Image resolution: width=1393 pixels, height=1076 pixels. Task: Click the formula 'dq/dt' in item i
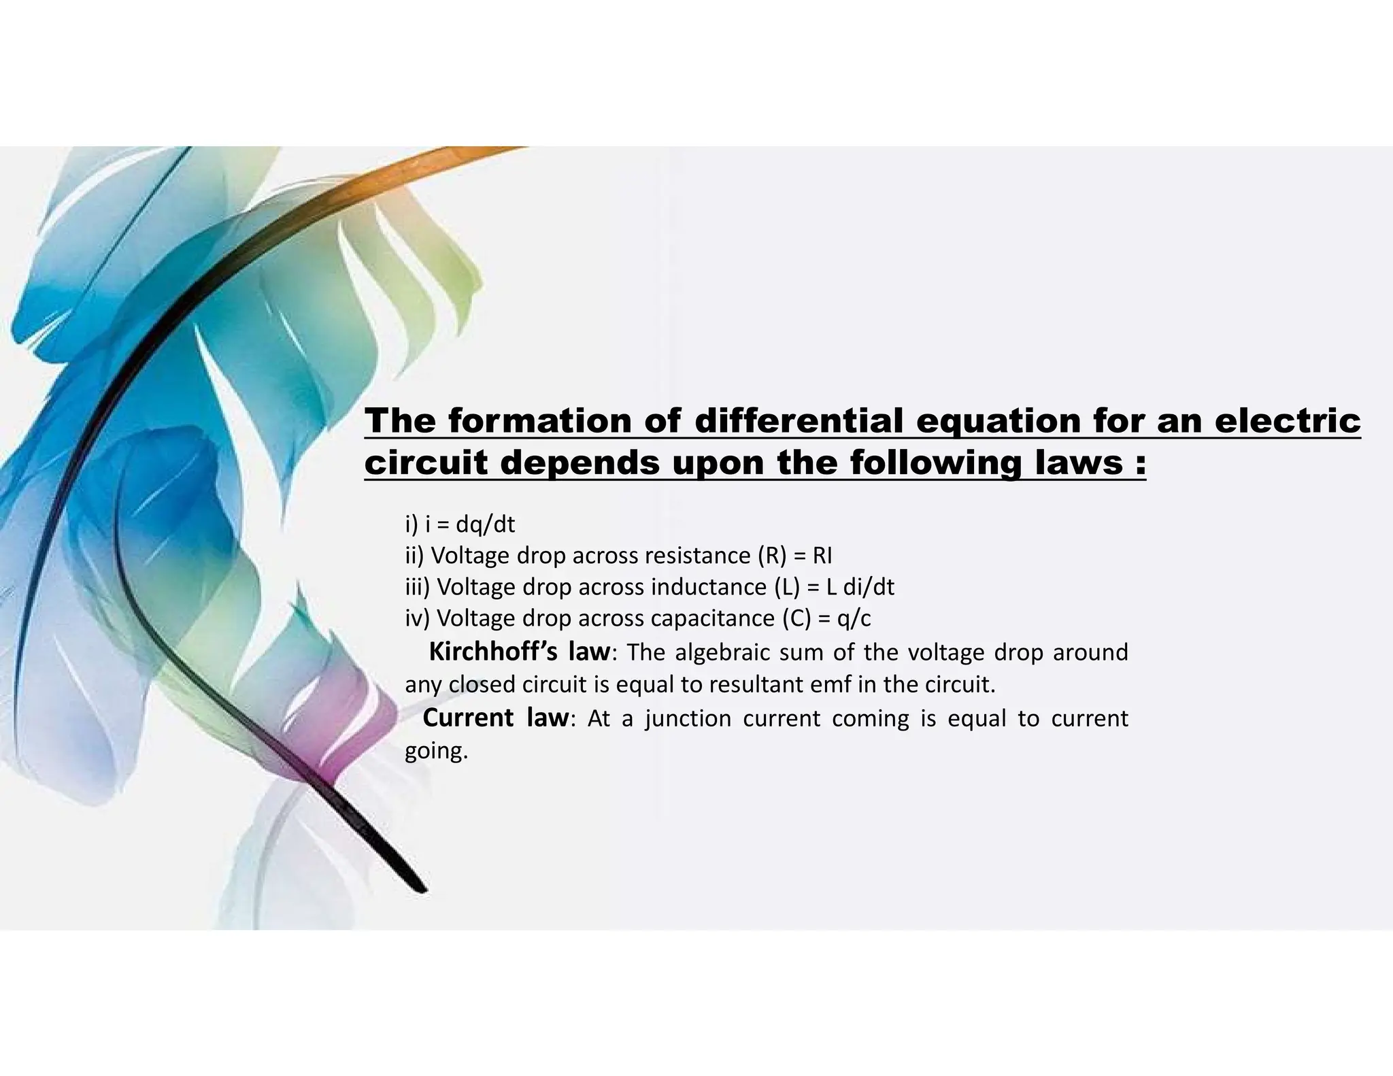pyautogui.click(x=485, y=524)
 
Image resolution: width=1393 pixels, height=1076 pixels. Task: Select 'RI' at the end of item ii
pyautogui.click(x=822, y=556)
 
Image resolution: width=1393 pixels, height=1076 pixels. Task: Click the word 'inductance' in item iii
pyautogui.click(x=709, y=587)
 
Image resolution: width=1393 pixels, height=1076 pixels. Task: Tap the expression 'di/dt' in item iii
pyautogui.click(x=869, y=587)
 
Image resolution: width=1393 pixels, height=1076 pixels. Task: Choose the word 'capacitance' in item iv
pyautogui.click(x=712, y=618)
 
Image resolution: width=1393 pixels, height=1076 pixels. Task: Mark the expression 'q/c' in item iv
pyautogui.click(x=854, y=618)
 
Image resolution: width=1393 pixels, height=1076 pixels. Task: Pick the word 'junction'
pyautogui.click(x=688, y=718)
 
